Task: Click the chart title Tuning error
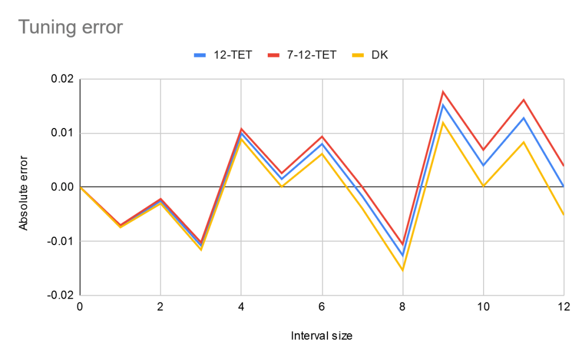point(70,27)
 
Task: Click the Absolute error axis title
point(23,187)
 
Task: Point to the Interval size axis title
point(321,336)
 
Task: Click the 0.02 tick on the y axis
point(63,79)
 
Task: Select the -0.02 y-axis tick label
point(61,295)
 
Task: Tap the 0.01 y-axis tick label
point(63,133)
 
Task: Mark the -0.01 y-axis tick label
point(61,241)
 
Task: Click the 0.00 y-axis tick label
point(63,187)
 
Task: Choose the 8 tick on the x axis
point(402,306)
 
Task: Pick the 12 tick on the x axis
point(563,306)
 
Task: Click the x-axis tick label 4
point(241,306)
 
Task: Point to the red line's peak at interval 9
point(443,92)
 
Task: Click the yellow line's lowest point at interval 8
point(402,270)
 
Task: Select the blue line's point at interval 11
point(523,118)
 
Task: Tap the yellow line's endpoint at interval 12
point(563,214)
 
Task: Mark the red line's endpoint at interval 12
point(563,165)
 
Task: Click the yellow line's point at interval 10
point(483,186)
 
